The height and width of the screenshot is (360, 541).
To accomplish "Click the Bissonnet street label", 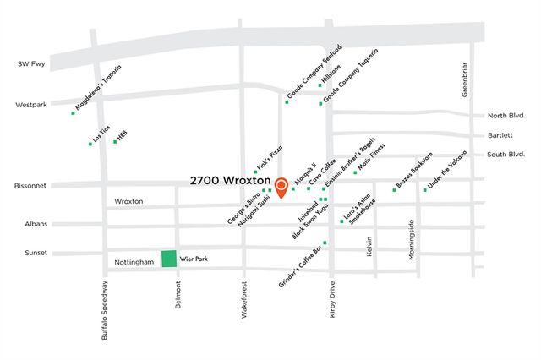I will [31, 185].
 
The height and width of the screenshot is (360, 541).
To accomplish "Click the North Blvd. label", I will [506, 116].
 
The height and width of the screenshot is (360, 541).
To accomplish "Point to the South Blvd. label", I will [506, 155].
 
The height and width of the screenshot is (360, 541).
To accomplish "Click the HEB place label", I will [122, 135].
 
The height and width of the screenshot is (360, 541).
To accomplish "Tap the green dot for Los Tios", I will [90, 144].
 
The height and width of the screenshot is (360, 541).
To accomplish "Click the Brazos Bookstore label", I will [416, 171].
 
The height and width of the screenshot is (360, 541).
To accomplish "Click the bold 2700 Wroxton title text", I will [230, 181].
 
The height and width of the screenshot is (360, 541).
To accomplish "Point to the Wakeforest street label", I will [243, 304].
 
